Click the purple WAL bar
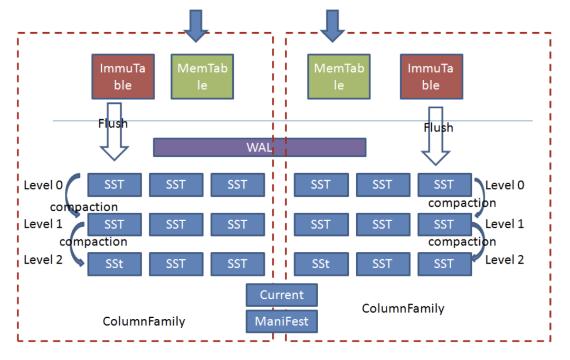[259, 147]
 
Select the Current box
[281, 295]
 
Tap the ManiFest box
[281, 321]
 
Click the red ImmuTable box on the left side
[123, 77]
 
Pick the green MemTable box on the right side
[338, 77]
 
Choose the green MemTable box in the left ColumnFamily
[202, 77]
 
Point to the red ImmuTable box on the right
[431, 77]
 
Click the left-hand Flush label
[112, 124]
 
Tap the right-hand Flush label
[438, 128]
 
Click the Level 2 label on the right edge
[505, 259]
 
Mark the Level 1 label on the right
[505, 224]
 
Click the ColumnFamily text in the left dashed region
[144, 321]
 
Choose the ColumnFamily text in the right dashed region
[403, 308]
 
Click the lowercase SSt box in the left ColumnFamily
[114, 264]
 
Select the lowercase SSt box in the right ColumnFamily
[320, 264]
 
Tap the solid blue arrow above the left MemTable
[197, 25]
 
